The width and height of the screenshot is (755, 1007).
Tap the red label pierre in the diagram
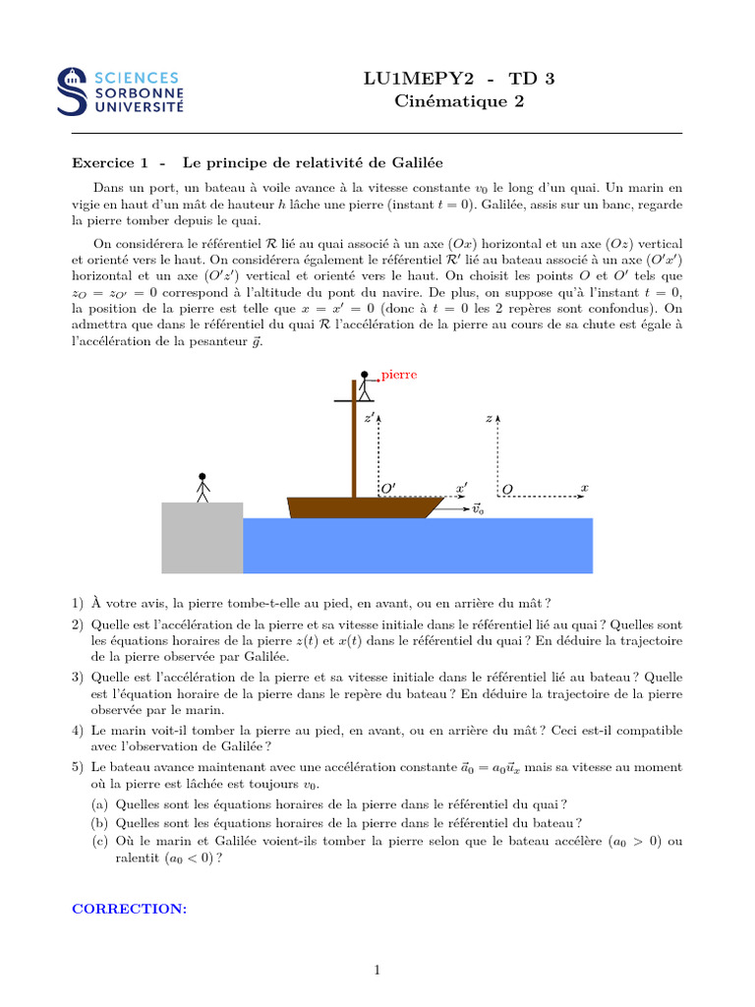(x=399, y=375)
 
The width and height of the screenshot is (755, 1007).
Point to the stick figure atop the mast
(x=364, y=387)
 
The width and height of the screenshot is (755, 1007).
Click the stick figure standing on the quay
(x=203, y=489)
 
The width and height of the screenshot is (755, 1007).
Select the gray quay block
(x=202, y=537)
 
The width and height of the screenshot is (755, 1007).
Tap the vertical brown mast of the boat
(x=354, y=443)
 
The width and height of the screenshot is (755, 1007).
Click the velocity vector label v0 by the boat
(x=479, y=509)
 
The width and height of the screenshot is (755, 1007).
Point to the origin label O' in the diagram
(x=388, y=488)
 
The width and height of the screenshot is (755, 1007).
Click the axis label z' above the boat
(x=369, y=418)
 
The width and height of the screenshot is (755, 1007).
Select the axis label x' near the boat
(x=461, y=487)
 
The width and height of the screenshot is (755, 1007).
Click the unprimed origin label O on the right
(x=507, y=489)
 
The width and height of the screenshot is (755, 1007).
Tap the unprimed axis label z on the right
(x=489, y=418)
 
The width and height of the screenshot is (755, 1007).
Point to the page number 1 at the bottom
(x=377, y=971)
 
